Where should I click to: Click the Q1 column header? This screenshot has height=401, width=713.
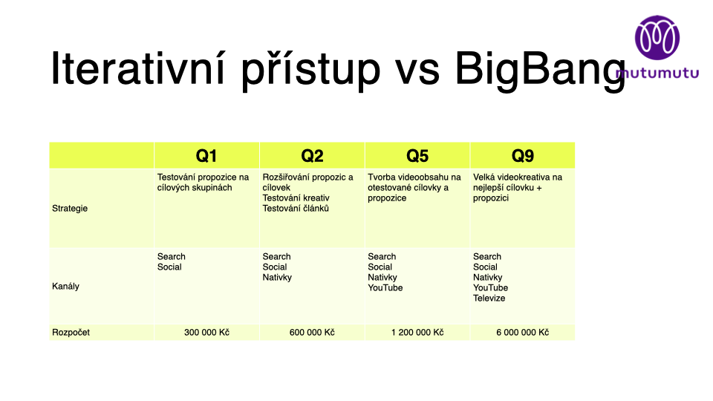point(206,156)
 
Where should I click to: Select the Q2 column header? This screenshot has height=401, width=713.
point(312,156)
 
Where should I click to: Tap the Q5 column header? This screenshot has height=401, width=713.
point(417,156)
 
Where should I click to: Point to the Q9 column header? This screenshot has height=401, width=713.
point(522,156)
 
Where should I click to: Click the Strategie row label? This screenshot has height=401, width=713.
point(70,208)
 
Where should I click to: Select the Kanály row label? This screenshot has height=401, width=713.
point(65,286)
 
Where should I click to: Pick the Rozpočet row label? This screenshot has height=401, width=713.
point(71,333)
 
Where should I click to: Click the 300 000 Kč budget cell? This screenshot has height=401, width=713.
point(206,333)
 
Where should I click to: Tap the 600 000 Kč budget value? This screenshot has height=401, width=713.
point(312,333)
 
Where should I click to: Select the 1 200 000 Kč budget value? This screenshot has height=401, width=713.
point(417,333)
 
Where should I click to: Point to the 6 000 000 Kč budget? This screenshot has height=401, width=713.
point(522,333)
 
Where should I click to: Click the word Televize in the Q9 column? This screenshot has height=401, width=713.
point(489,299)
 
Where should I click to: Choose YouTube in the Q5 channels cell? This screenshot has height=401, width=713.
point(385,288)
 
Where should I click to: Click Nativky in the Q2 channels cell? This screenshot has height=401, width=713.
point(277,277)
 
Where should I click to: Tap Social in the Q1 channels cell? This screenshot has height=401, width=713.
point(169,267)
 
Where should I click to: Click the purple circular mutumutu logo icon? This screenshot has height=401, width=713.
point(657,38)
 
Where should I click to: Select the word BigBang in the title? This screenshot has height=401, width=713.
point(540,68)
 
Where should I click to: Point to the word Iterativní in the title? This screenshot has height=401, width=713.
point(138,68)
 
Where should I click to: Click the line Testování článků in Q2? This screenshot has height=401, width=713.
point(296,208)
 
